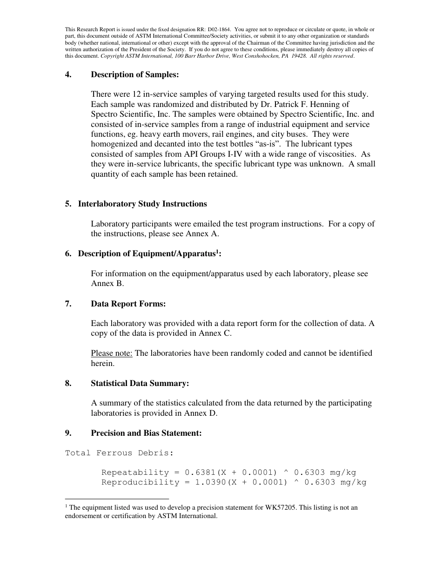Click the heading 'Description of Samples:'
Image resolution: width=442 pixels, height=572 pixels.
coord(134,74)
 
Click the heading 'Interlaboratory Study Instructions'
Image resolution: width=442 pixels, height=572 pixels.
coord(142,204)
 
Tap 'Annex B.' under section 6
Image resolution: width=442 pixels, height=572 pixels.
coord(107,284)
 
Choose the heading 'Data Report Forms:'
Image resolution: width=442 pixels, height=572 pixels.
coord(128,304)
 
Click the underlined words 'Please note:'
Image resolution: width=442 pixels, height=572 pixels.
coord(112,353)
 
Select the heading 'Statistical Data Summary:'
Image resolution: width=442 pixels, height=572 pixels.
coord(140,383)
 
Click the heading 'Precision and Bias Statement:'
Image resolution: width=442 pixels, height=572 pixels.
coord(146,433)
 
